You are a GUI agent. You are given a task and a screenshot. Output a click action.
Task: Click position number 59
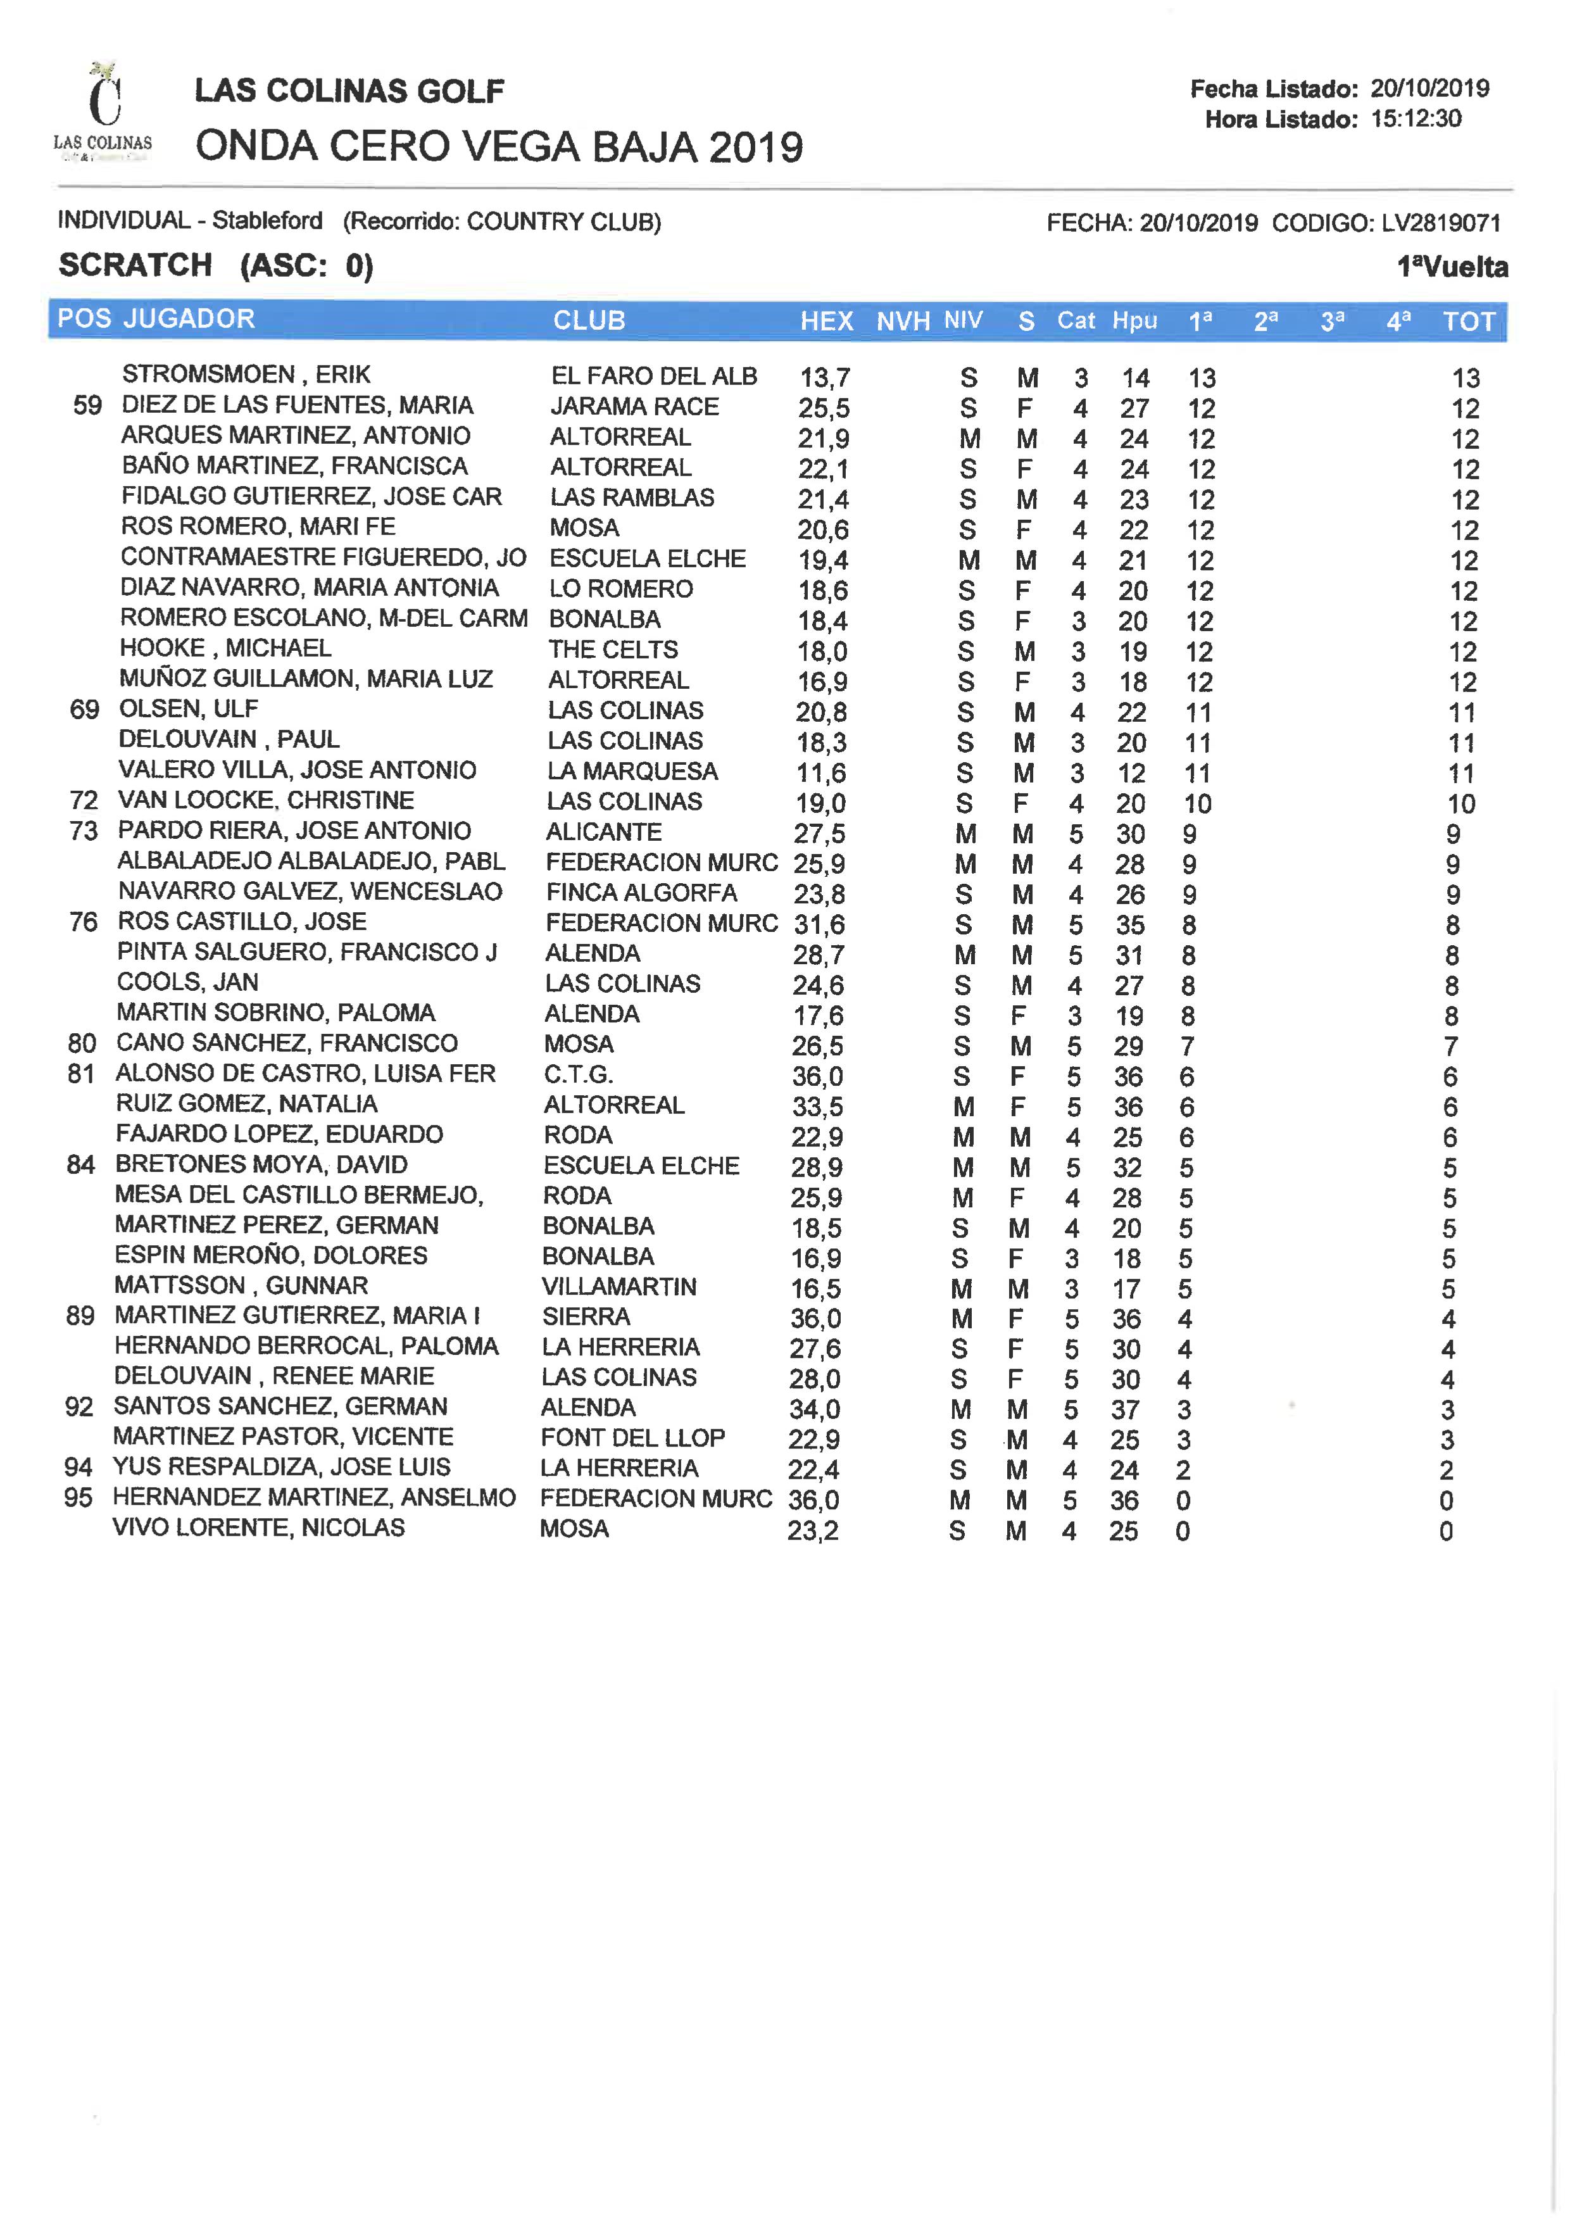pos(87,405)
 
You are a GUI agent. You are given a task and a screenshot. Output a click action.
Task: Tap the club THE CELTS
pos(613,649)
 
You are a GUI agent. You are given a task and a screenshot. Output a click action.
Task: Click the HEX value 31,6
pos(818,924)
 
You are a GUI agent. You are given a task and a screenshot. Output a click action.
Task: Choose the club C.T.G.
pos(577,1074)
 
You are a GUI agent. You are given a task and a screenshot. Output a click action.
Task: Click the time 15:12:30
pos(1416,119)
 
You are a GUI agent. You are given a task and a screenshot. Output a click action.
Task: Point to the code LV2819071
pos(1440,223)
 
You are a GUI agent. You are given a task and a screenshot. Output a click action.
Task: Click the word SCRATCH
pos(135,265)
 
